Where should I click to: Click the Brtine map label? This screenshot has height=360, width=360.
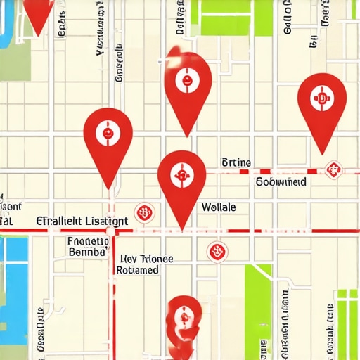[x=236, y=163]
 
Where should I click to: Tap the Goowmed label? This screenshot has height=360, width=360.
[x=281, y=181]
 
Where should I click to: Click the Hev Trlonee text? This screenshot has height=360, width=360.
[x=146, y=258]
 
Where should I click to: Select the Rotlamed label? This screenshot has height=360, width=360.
[x=139, y=270]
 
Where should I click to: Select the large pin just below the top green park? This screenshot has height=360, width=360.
[x=188, y=82]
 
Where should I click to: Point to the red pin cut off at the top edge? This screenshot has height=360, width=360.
[x=38, y=10]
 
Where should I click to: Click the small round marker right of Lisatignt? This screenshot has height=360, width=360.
[x=145, y=211]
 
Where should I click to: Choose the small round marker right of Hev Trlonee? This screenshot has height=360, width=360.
[x=216, y=251]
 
